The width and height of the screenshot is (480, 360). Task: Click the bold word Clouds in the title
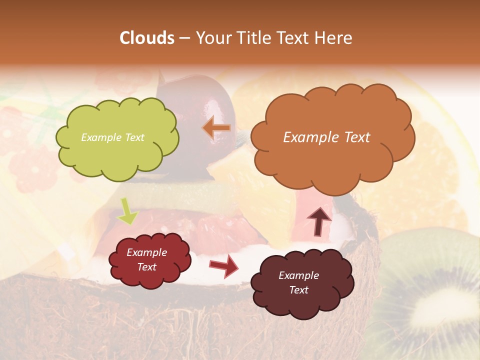point(147,38)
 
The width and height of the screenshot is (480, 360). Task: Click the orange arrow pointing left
point(217,128)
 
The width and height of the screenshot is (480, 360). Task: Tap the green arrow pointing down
point(127,211)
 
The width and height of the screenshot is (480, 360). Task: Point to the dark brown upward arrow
point(319,221)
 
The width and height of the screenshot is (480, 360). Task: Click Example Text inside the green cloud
point(112,137)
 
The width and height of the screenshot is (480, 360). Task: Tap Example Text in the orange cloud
point(326,137)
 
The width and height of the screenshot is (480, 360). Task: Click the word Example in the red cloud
point(146,252)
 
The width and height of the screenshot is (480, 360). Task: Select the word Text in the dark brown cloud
point(298,290)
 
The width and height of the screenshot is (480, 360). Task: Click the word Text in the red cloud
point(146,267)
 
